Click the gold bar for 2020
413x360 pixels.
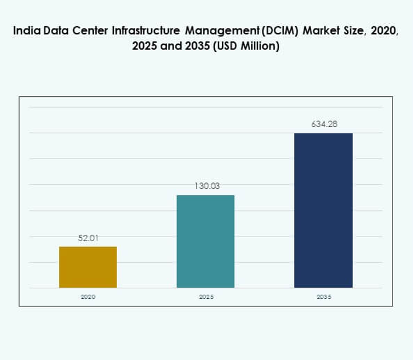tap(88, 267)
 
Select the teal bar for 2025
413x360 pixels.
tap(206, 241)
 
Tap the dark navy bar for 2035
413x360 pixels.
tap(323, 210)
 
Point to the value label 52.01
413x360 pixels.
tap(88, 238)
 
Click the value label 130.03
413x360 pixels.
tap(206, 186)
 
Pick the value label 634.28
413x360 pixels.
tap(323, 124)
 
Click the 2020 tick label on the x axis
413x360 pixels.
tap(88, 297)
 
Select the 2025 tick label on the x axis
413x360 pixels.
tap(206, 297)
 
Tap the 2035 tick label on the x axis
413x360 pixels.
tap(324, 297)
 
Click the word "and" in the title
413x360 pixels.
tap(171, 47)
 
